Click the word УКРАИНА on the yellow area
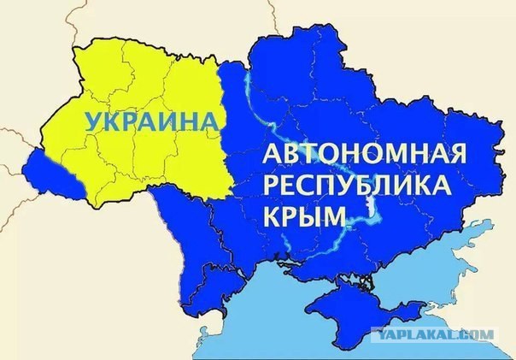tap(147, 120)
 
